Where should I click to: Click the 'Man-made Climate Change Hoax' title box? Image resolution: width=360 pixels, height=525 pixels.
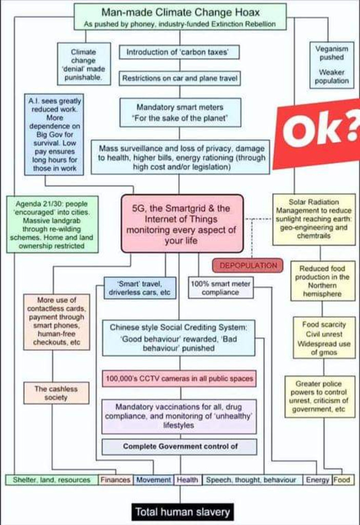(x=179, y=16)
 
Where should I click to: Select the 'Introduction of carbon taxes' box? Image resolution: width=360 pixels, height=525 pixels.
(x=179, y=52)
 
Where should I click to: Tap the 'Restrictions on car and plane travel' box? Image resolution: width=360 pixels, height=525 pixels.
(x=179, y=79)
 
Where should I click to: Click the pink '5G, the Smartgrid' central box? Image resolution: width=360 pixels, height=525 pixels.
(x=182, y=223)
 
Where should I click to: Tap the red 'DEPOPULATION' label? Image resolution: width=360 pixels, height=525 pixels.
(x=248, y=265)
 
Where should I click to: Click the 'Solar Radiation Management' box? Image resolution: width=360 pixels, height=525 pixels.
(x=314, y=219)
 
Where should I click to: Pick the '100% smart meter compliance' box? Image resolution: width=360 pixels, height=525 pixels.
(x=221, y=288)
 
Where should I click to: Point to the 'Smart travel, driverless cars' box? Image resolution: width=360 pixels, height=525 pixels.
(x=140, y=288)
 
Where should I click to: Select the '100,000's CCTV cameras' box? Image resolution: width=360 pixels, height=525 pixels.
(x=179, y=379)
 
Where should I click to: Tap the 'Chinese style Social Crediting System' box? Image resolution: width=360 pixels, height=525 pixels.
(x=178, y=337)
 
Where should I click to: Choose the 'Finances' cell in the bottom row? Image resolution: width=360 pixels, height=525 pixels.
(x=115, y=480)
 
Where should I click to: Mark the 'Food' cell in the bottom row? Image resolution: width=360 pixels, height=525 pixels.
(x=342, y=480)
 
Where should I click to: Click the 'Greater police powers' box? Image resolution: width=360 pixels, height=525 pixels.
(x=319, y=396)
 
